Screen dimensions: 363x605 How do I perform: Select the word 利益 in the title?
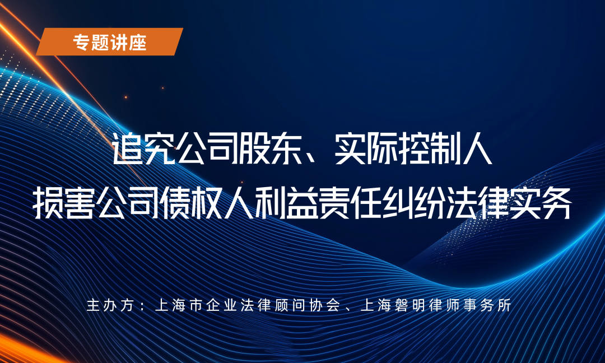[x=286, y=204]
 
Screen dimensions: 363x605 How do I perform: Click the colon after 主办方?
[x=141, y=306]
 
